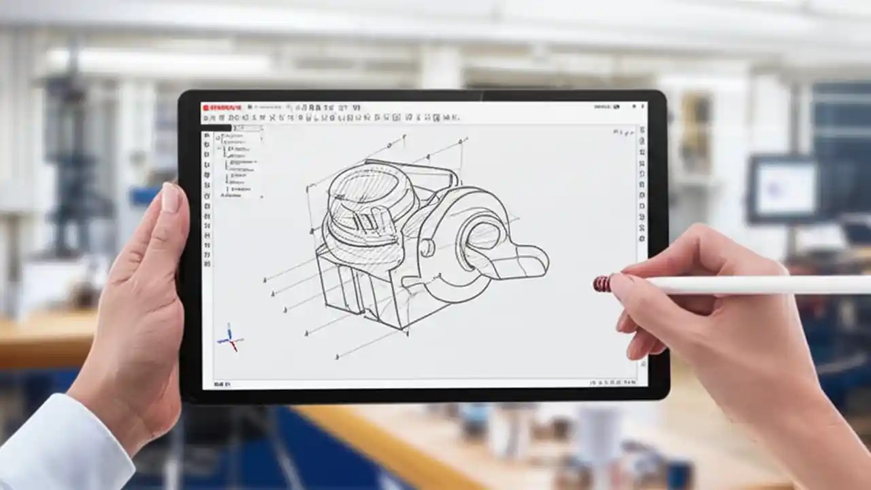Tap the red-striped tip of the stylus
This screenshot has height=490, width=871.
pyautogui.click(x=602, y=283)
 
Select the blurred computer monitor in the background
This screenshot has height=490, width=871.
pyautogui.click(x=783, y=189)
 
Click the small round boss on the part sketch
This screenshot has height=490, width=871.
pyautogui.click(x=427, y=247)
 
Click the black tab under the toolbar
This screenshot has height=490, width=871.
pyautogui.click(x=217, y=127)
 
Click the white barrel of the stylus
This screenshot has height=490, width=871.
pyautogui.click(x=749, y=284)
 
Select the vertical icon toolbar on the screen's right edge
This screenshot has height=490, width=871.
pyautogui.click(x=642, y=184)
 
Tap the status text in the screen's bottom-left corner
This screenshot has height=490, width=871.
pyautogui.click(x=223, y=385)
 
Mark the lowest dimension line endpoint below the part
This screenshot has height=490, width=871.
pyautogui.click(x=337, y=357)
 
